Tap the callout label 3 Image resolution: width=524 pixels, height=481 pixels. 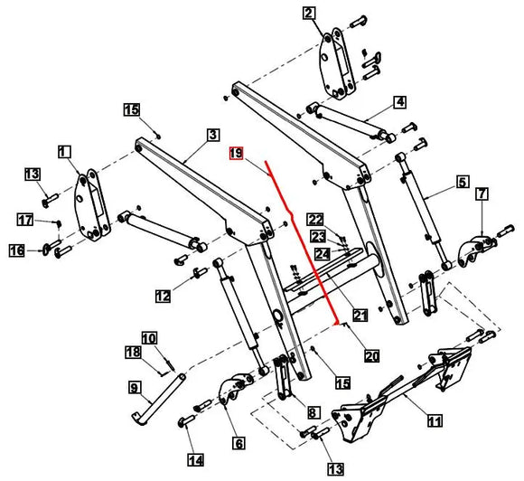[x=213, y=135]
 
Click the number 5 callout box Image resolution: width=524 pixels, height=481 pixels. [x=462, y=183]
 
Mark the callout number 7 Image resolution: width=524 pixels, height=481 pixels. [x=482, y=193]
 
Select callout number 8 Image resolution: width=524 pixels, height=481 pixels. [x=313, y=412]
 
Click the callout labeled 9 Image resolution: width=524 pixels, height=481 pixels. [x=135, y=388]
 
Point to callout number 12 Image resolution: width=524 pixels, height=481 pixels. [x=163, y=296]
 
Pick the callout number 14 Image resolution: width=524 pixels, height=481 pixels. [x=193, y=460]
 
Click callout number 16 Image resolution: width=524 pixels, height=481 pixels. [x=16, y=250]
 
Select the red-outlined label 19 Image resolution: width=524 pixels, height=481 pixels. [x=236, y=155]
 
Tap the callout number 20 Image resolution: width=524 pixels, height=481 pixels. [x=371, y=356]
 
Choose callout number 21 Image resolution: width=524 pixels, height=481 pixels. [x=359, y=316]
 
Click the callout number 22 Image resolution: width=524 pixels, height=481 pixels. [x=314, y=220]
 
